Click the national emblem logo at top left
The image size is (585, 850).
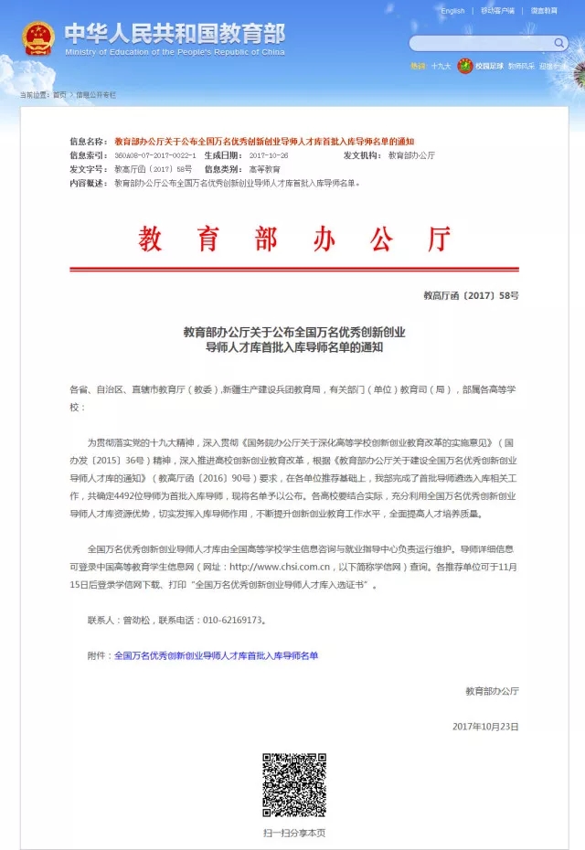pos(38,37)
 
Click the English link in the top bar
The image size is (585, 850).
pos(452,11)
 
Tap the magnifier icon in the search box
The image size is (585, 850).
pos(559,43)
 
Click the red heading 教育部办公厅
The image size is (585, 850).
pos(295,239)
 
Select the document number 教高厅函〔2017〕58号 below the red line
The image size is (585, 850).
pos(471,296)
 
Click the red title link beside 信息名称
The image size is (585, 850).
pos(264,142)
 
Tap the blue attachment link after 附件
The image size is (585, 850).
pos(216,655)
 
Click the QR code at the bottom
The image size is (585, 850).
pos(294,784)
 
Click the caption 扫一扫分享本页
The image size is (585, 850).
pos(294,833)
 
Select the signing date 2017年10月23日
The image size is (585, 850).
pos(485,726)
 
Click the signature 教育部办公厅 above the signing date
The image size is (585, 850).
pos(492,690)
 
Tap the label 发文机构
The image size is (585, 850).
pos(363,155)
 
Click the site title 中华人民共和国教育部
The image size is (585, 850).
pos(175,33)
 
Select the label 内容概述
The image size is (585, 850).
pos(90,183)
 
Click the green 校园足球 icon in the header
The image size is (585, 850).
pos(465,66)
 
